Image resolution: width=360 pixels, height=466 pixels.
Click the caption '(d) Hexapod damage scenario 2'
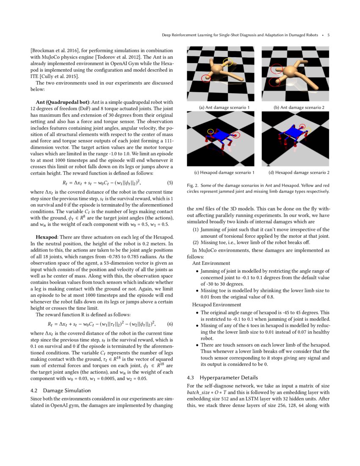click(x=296, y=173)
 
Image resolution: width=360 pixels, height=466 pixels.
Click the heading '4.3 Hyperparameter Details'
click(x=222, y=377)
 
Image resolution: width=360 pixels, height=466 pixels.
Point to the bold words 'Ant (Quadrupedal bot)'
click(x=63, y=102)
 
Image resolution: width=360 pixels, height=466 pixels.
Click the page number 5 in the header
click(x=329, y=35)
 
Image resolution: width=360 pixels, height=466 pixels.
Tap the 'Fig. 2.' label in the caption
click(x=193, y=186)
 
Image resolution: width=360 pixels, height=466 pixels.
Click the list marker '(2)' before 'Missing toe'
click(x=196, y=243)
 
